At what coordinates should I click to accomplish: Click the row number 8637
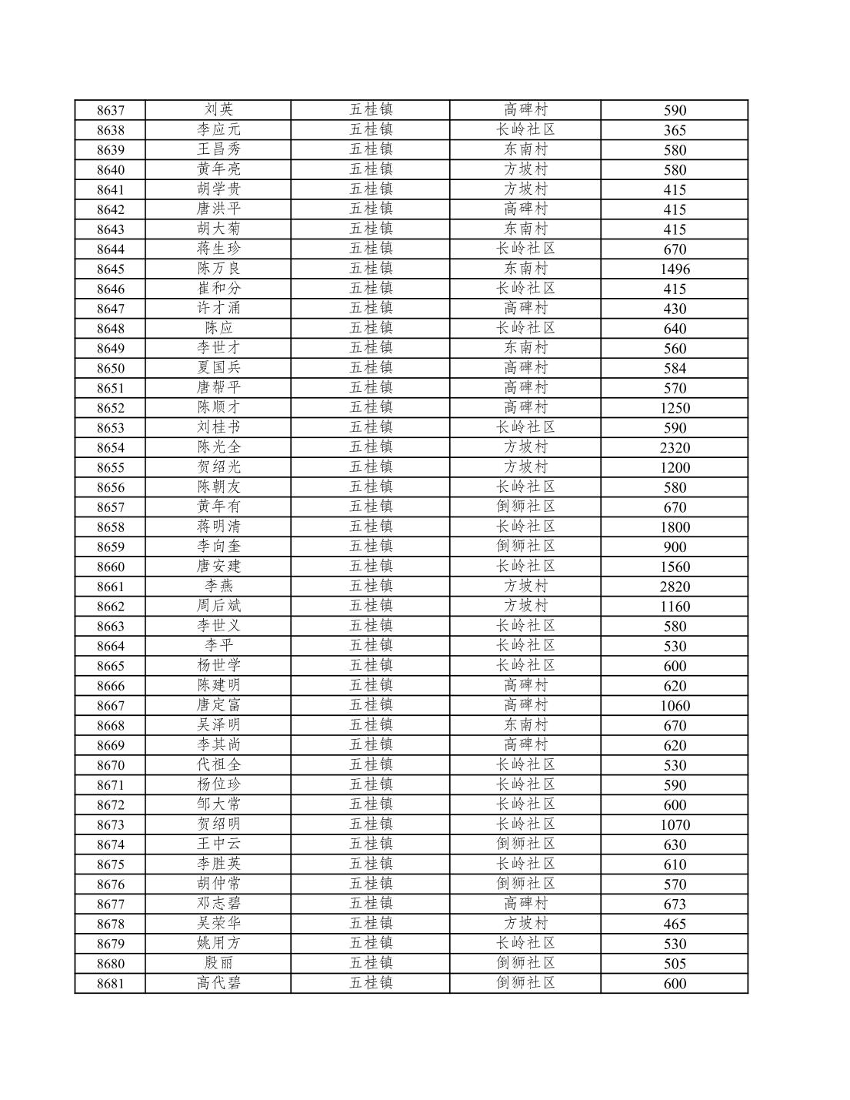pos(110,110)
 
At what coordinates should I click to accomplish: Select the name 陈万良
pos(218,269)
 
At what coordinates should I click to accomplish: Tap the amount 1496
pos(674,269)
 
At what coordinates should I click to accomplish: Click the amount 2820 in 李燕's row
pos(674,587)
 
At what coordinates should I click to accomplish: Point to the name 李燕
pos(218,587)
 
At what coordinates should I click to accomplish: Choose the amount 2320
pos(674,448)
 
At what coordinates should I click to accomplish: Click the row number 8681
pos(110,984)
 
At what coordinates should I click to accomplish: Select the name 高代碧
pos(218,983)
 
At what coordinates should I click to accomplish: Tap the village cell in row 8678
pos(525,924)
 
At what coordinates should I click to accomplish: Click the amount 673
pos(674,904)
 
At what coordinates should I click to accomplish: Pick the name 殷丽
pos(218,964)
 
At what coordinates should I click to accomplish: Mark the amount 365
pos(674,130)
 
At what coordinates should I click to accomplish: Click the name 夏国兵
pos(218,368)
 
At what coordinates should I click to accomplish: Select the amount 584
pos(674,369)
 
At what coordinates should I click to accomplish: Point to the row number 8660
pos(110,567)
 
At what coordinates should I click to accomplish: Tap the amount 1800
pos(674,527)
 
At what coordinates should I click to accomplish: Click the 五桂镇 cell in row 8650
pos(371,368)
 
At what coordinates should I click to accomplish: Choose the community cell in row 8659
pos(525,547)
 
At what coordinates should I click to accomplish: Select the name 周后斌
pos(218,607)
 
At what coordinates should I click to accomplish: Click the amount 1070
pos(674,825)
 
